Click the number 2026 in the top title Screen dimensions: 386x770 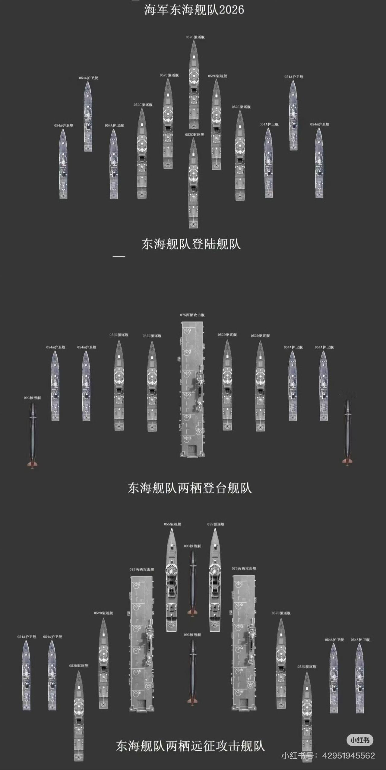(232, 10)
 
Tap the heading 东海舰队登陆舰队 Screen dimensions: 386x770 (191, 244)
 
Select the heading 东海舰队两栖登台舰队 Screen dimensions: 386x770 (190, 488)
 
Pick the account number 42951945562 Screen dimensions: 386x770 (349, 755)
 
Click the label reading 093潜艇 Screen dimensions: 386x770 (32, 398)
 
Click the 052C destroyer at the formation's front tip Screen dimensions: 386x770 (194, 84)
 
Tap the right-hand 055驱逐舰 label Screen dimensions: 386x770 (216, 524)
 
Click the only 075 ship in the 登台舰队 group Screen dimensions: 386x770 (192, 389)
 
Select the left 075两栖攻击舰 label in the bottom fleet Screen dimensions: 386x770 (142, 570)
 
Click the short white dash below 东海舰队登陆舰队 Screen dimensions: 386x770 (119, 256)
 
